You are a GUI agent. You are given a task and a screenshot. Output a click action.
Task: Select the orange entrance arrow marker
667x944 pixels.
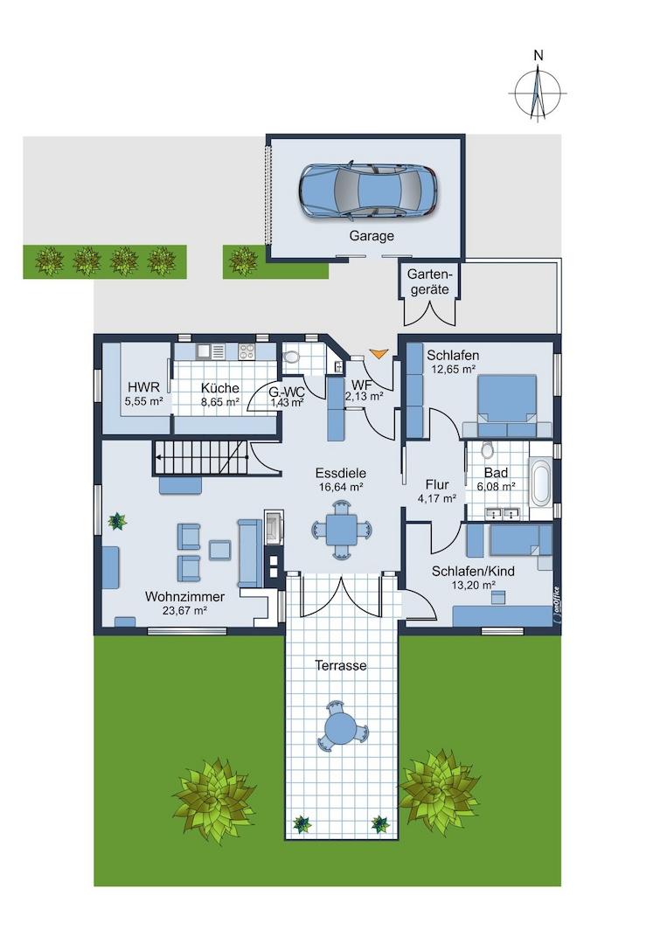(379, 353)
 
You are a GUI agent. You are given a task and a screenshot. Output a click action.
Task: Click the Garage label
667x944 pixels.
(372, 236)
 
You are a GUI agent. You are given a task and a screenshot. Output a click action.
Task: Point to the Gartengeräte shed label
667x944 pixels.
(430, 281)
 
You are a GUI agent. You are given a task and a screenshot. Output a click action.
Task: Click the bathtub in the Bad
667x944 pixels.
(541, 482)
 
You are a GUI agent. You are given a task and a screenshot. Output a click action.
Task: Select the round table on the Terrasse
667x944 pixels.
(341, 725)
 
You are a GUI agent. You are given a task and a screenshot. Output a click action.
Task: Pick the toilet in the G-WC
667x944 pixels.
(292, 357)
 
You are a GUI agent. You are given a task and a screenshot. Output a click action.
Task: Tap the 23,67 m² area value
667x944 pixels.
(184, 610)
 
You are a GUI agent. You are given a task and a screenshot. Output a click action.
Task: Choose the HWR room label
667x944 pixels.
(144, 387)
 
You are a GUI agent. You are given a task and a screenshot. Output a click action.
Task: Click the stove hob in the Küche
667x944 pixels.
(247, 351)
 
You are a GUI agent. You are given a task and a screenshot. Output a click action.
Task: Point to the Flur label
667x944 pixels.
(437, 484)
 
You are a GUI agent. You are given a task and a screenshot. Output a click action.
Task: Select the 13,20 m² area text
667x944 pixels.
(473, 584)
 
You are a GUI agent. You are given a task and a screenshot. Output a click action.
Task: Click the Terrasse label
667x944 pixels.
(341, 665)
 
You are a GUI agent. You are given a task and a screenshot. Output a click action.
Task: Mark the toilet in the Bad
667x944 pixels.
(486, 449)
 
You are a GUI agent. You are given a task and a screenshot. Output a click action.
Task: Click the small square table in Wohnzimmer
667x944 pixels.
(220, 549)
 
